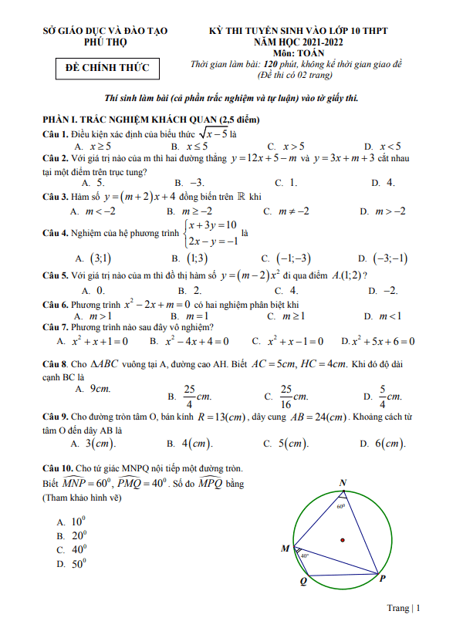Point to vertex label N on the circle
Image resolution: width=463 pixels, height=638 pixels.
[343, 483]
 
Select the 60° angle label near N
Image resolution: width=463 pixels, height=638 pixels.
[341, 507]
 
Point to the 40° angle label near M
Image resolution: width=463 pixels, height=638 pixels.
[305, 555]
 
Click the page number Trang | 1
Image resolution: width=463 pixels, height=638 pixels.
[404, 608]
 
